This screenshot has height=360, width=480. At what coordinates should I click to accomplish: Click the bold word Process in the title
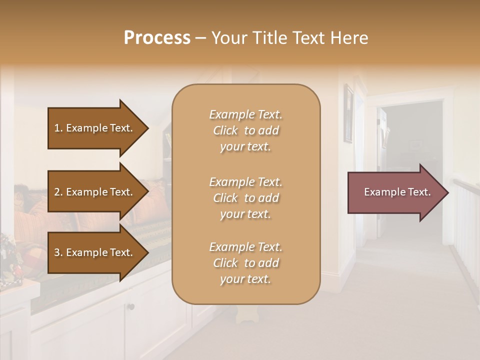157,38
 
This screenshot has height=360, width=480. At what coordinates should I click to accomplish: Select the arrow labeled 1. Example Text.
95,128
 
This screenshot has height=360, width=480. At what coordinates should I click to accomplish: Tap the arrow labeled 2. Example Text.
95,192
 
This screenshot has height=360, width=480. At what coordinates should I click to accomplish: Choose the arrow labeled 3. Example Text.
95,252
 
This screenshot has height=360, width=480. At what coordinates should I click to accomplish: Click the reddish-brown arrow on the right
395,192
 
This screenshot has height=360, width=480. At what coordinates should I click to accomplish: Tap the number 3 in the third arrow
57,252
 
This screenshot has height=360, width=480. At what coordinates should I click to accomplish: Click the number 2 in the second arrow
57,192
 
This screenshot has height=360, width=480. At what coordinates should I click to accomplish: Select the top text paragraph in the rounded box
245,130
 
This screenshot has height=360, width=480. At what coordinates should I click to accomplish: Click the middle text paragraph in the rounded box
245,198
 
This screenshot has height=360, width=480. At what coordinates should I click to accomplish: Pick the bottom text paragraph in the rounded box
245,263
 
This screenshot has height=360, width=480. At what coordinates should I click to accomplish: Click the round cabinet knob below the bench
131,306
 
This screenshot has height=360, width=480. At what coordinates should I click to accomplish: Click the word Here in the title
351,38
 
